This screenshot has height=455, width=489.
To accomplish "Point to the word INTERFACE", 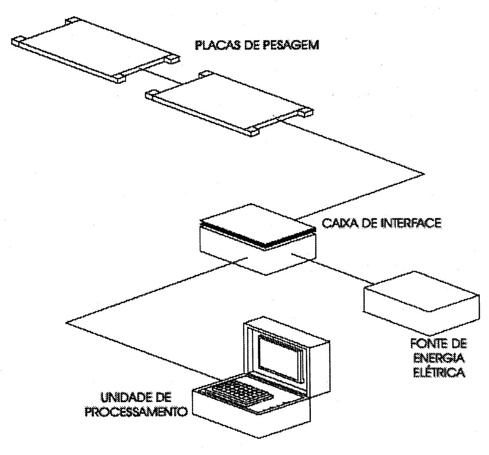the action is (411, 223).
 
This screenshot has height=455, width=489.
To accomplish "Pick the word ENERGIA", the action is (439, 358).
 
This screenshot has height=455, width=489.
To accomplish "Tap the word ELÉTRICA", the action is (439, 372).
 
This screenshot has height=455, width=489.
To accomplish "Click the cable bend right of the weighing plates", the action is (424, 174).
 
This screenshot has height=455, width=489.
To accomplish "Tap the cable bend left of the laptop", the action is (66, 323).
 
